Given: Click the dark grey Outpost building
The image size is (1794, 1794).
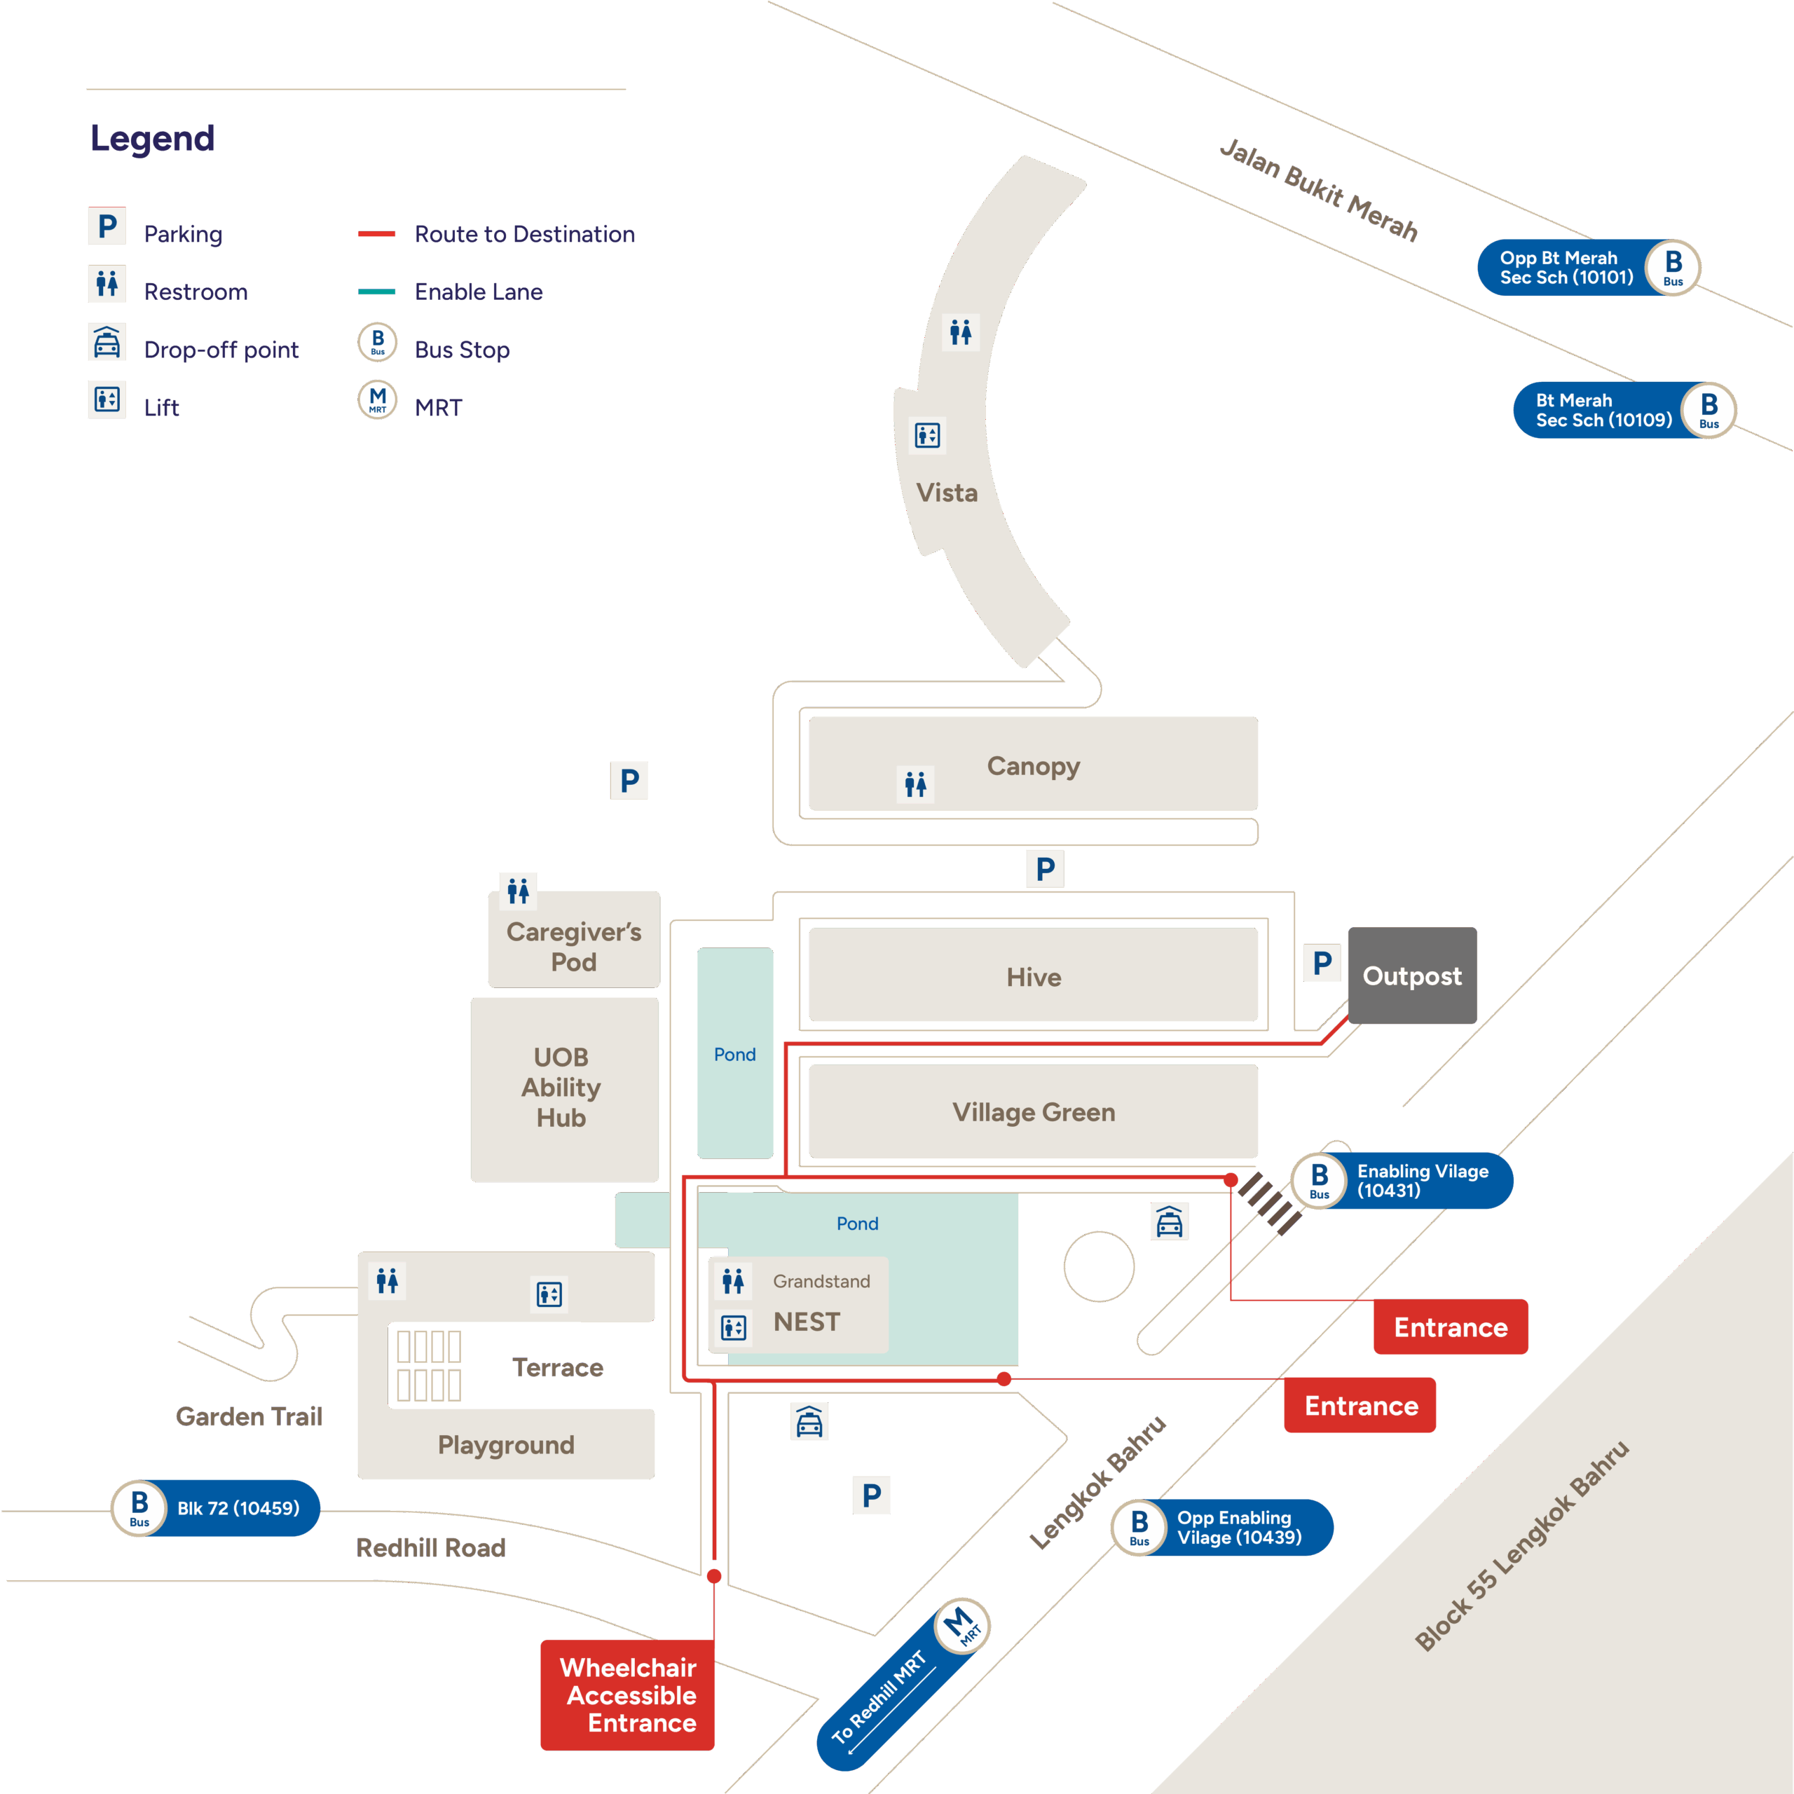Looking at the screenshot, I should pos(1411,976).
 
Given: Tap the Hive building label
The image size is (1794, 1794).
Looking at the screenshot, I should pos(1034,977).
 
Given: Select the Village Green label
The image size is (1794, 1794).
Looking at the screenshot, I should pos(1034,1112).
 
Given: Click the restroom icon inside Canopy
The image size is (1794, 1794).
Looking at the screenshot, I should pos(916,785).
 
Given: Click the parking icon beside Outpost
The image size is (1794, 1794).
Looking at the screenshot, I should pos(1322,963).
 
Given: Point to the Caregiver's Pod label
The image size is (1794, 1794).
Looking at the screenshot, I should pos(574,946).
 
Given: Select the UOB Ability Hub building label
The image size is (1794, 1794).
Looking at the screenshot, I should pos(561,1088).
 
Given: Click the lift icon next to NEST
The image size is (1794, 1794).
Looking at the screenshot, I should pos(734,1327).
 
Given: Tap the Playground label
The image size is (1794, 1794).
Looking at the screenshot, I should pos(506,1445).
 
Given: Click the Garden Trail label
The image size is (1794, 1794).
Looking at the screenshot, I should pos(249,1416).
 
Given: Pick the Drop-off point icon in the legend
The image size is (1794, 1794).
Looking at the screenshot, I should pos(107,343).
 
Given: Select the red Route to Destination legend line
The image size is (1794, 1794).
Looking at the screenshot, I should pos(377,234).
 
